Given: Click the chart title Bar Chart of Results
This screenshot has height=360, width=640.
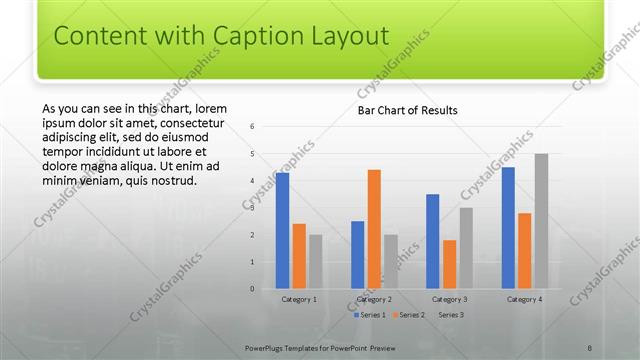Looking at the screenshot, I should pos(407,110).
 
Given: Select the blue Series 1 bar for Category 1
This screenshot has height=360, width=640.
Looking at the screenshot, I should pos(283,231).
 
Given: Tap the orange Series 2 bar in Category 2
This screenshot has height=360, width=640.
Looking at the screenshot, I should pos(374,229).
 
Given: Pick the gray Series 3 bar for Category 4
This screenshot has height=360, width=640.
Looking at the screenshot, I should pos(541,221).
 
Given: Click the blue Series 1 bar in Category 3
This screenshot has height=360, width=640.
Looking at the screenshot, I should pos(433,241).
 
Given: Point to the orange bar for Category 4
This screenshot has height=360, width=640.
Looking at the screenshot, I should pos(525,251).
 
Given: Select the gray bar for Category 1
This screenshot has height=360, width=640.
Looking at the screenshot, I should pos(316,262).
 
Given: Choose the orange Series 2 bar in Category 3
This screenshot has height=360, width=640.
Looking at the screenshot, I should pos(449,264).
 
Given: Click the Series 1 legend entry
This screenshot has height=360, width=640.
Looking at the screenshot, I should pos(371,314).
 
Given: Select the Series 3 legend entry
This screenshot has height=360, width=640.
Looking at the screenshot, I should pos(449,314).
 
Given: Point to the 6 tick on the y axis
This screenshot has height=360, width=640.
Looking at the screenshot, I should pos(253,127).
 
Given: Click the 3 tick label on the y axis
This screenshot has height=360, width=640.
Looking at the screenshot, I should pos(253,208).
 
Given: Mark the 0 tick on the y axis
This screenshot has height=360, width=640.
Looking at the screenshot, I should pos(253,289).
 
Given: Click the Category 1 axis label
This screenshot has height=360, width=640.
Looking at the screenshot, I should pos(299,299).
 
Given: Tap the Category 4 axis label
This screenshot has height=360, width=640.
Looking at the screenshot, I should pos(524,299).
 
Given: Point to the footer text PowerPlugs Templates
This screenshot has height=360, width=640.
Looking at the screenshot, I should pos(290,347).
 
